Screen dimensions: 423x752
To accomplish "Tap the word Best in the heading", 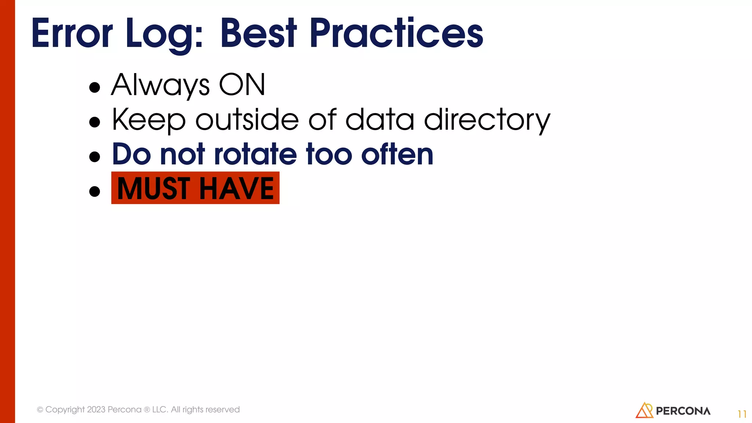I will click(x=258, y=34).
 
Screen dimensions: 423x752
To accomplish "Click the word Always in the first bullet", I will click(x=160, y=85).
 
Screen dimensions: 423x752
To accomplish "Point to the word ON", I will click(x=242, y=85).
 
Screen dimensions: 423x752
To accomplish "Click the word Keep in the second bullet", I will click(x=149, y=120).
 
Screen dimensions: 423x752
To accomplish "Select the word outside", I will click(x=247, y=120).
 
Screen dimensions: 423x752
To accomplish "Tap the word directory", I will click(x=487, y=120).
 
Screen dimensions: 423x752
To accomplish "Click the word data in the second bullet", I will click(x=380, y=120).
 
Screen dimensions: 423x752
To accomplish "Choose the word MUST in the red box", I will click(x=154, y=188).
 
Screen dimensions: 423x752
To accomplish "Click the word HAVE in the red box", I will click(x=236, y=188).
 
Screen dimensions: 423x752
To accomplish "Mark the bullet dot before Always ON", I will click(x=95, y=87).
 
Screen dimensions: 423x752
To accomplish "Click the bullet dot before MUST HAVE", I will click(x=95, y=191).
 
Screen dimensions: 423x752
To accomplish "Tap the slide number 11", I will click(x=742, y=414).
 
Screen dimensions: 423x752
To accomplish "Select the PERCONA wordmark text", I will click(x=683, y=411).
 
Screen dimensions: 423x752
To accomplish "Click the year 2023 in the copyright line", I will click(x=96, y=409).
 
